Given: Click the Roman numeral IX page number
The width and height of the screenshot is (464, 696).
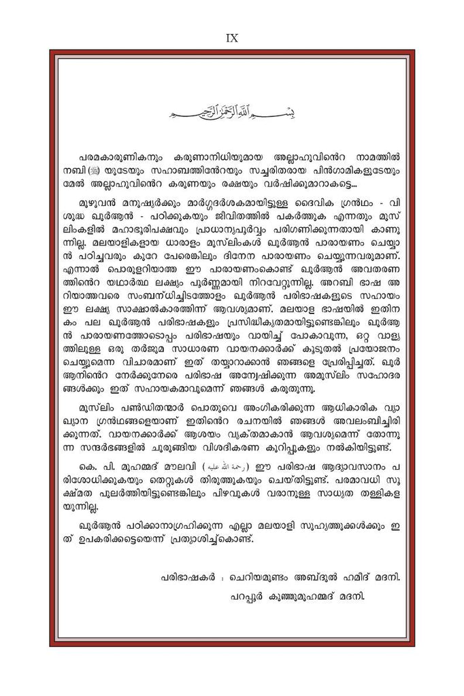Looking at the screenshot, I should (231, 39).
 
